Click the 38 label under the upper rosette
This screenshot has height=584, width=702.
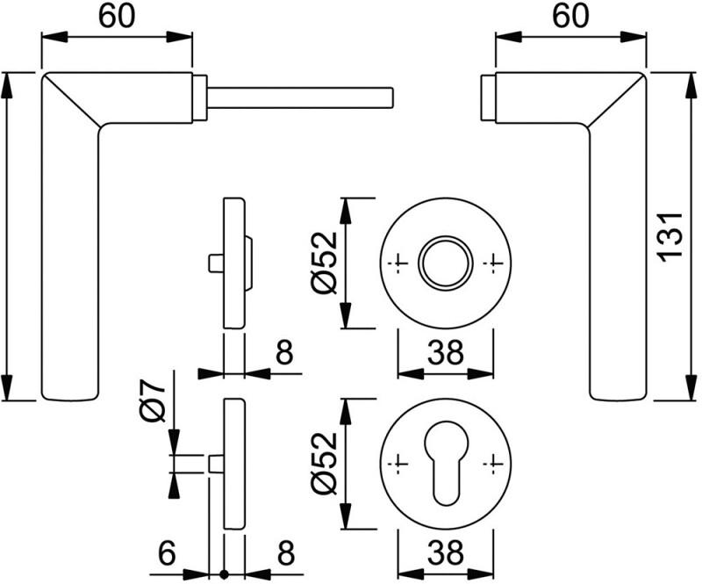pyautogui.click(x=444, y=353)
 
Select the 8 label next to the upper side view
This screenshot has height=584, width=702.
pyautogui.click(x=283, y=353)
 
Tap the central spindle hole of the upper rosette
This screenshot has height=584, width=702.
pyautogui.click(x=444, y=261)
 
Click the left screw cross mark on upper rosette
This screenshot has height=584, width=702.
pyautogui.click(x=400, y=262)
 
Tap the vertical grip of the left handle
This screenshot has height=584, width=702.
pyautogui.click(x=69, y=263)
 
